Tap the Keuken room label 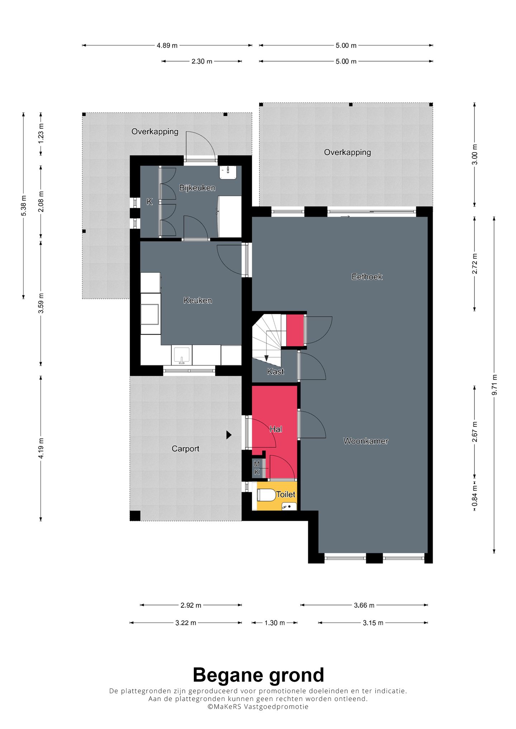click(198, 301)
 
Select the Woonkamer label click(366, 441)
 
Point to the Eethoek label click(367, 277)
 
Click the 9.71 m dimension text click(494, 385)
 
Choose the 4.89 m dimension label click(167, 45)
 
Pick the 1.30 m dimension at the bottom click(274, 623)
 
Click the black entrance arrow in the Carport click(229, 435)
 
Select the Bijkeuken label click(197, 188)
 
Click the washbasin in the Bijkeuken click(228, 172)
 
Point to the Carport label click(185, 449)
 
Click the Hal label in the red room click(276, 429)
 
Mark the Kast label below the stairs click(276, 371)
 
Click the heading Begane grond click(258, 675)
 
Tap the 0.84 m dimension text click(475, 496)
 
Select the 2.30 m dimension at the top click(202, 61)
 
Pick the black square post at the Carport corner click(135, 516)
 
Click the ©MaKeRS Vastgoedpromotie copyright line click(258, 707)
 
